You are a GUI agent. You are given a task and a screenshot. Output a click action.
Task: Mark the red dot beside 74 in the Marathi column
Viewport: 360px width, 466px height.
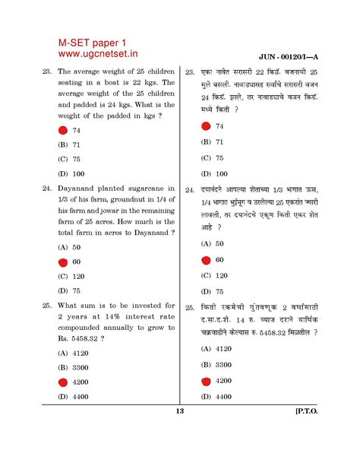pyautogui.click(x=205, y=126)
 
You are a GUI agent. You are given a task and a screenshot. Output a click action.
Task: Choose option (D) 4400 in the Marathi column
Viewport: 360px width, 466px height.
pyautogui.click(x=213, y=396)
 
